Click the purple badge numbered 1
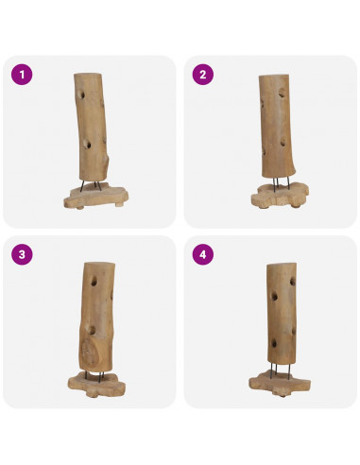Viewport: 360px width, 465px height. (22, 75)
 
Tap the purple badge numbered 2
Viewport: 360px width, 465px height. (203, 75)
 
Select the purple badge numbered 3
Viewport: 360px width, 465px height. (22, 254)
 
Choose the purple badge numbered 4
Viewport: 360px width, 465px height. (203, 254)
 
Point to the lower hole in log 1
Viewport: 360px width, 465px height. (87, 145)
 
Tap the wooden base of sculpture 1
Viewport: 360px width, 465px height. (95, 197)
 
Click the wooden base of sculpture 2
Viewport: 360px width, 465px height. (280, 196)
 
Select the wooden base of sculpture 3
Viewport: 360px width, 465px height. (96, 384)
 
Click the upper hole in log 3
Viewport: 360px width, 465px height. (94, 282)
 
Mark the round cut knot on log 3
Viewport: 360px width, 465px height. (90, 353)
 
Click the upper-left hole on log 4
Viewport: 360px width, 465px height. (274, 297)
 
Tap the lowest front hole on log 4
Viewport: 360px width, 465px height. (274, 343)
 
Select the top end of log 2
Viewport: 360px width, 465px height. (273, 77)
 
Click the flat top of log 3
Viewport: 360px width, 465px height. (99, 264)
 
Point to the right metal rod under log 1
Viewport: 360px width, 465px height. (98, 185)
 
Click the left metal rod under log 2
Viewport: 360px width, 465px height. (276, 184)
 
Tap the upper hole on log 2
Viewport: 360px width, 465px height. (283, 92)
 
